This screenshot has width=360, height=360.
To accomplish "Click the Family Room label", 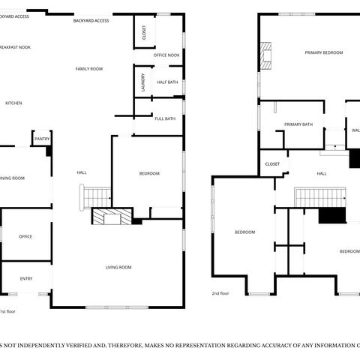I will pos(88,69).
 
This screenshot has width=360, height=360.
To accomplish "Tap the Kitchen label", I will pos(13,103).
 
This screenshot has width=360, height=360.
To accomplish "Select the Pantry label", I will pos(41,139).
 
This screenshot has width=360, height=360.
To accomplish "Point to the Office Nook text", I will pos(166,55).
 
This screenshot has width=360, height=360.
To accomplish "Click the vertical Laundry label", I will pos(142,82).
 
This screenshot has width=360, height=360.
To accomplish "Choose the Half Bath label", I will pos(167,82).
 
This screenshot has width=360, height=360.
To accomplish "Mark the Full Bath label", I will pos(165,118).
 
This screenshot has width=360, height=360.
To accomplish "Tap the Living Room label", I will pos(118,267).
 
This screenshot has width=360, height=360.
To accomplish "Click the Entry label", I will pos(26,279).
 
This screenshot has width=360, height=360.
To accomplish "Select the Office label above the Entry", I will pos(25,236).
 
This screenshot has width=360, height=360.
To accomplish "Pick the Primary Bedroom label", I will pos(323,52).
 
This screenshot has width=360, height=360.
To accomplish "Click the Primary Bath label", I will pos(298,124).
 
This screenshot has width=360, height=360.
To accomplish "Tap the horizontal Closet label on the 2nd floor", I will pos(272,163).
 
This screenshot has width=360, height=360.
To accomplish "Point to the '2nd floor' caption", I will pos(220,293).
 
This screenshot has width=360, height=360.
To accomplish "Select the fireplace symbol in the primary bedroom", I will pos(265,54).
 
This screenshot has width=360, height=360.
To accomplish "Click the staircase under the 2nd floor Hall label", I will pos(319,198).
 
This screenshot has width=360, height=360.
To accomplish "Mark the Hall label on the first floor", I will pos(82,173).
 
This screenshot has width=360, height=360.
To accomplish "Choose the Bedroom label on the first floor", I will pos(149,174).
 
